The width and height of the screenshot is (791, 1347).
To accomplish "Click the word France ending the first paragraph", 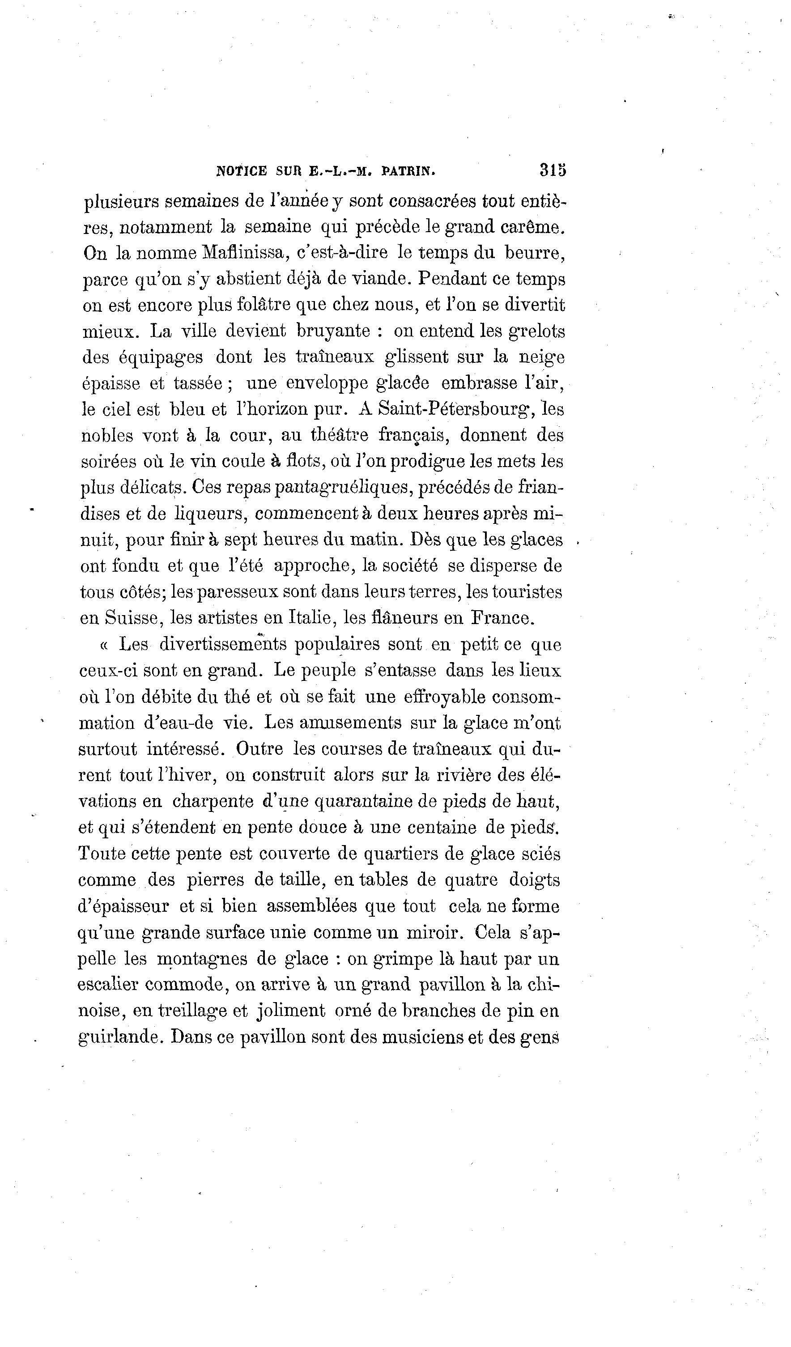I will pos(502,618).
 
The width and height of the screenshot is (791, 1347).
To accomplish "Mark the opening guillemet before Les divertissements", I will pos(104,645).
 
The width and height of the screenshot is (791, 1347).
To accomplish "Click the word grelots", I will pos(536,331).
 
